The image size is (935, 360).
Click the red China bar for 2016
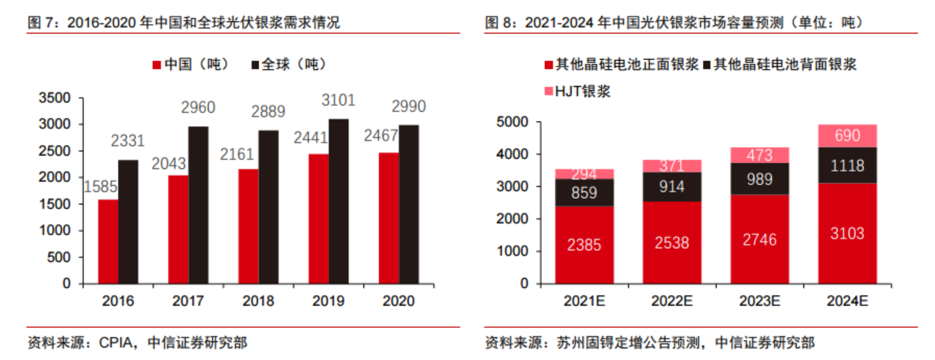click(x=108, y=241)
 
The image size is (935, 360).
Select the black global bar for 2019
click(x=339, y=201)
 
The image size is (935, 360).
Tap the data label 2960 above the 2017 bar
click(x=198, y=108)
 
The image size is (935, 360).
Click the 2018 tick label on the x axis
click(x=258, y=301)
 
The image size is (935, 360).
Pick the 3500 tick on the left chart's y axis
click(x=56, y=98)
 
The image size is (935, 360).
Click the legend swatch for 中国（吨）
click(x=157, y=65)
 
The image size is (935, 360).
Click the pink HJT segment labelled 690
click(x=847, y=136)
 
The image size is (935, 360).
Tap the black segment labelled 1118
click(x=847, y=165)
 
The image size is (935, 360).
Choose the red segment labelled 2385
click(x=584, y=245)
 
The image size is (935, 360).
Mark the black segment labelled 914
click(x=672, y=187)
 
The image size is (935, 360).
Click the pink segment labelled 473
click(x=759, y=155)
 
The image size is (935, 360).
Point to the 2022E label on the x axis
click(x=672, y=301)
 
